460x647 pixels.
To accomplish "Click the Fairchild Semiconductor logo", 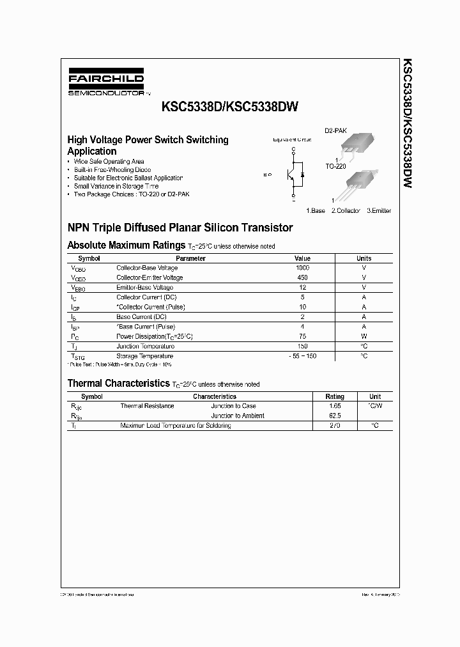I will [106, 84].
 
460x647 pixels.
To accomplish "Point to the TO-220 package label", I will [335, 166].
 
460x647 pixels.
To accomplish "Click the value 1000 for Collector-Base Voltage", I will [302, 268].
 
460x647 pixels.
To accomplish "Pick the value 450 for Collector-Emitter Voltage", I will [302, 277].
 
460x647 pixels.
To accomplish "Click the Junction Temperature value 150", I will [302, 346].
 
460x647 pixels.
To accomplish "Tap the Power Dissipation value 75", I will [302, 336].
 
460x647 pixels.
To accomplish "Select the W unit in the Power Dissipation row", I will [364, 336].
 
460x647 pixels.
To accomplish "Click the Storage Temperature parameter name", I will [144, 355].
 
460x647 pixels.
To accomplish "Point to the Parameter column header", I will [190, 258].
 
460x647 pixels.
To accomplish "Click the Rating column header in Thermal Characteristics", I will [335, 396].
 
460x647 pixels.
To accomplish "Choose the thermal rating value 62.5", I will [335, 416].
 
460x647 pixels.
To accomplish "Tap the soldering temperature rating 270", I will [335, 425].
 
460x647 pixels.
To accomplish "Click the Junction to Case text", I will [233, 406].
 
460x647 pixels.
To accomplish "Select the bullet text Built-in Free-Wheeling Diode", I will [109, 170].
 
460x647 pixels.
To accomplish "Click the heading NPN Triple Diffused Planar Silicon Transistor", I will [180, 228].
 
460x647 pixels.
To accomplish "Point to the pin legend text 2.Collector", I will [346, 210].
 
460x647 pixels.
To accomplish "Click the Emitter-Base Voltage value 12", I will [302, 288].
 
